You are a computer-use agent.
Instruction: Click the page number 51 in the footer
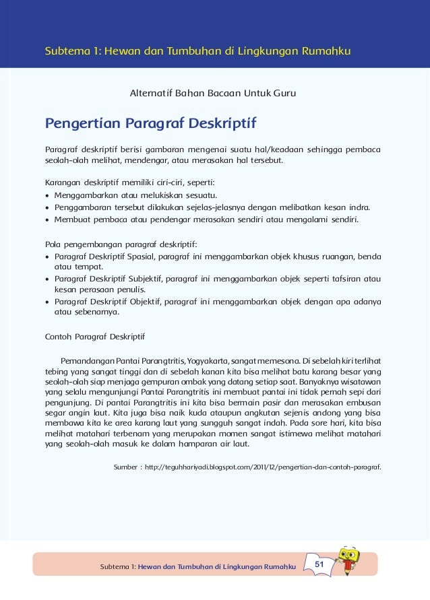320,563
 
